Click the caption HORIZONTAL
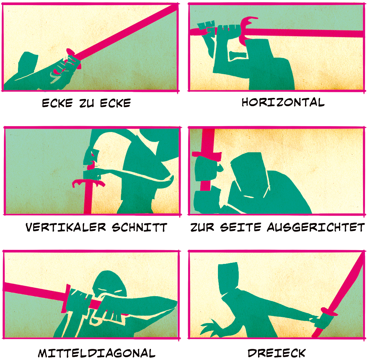[283, 102]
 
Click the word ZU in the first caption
[87, 103]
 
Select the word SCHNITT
[139, 227]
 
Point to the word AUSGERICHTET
[316, 227]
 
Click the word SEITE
[241, 227]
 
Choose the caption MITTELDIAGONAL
[97, 353]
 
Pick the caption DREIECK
[277, 353]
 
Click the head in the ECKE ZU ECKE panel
[28, 63]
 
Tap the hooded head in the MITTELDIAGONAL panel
[109, 284]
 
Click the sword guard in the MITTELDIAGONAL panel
[66, 298]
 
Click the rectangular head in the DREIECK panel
[228, 278]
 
